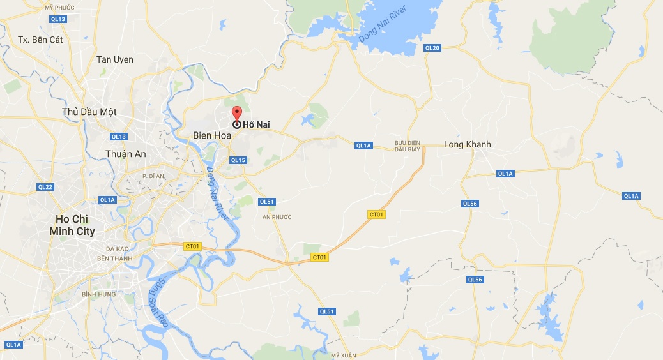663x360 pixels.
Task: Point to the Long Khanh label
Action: pos(468,144)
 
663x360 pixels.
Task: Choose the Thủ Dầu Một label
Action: pos(89,112)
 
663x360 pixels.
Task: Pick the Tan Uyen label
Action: pos(115,59)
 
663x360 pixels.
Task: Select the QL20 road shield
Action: pos(432,48)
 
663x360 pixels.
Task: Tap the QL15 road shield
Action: pos(238,160)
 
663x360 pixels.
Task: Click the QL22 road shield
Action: pos(45,187)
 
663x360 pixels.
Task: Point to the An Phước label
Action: pos(277,217)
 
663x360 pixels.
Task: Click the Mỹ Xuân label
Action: pos(342,354)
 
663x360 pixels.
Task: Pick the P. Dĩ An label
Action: pos(153,176)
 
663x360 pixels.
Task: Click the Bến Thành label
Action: pos(112,259)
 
